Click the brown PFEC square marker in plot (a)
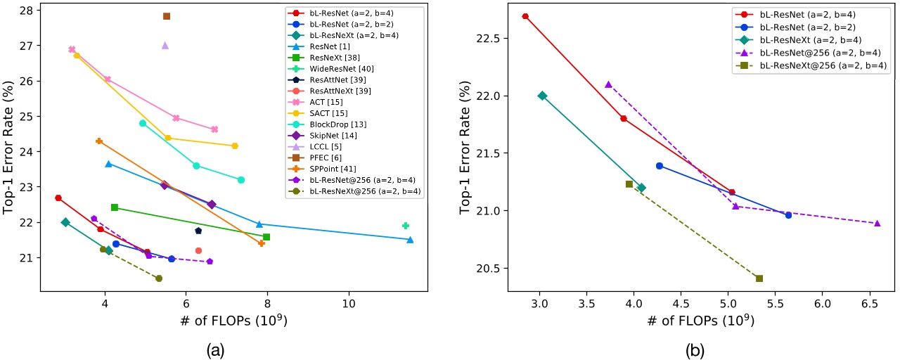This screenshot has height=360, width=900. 167,16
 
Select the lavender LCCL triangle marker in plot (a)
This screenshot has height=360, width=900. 165,45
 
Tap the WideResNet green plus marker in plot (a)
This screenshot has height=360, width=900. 406,226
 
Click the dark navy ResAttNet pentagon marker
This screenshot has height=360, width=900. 198,231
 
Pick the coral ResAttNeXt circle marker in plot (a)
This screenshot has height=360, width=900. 198,250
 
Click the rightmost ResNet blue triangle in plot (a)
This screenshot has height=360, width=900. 410,240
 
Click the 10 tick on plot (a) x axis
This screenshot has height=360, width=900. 348,306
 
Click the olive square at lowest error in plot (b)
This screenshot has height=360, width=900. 759,278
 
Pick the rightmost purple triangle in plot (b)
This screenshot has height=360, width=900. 877,223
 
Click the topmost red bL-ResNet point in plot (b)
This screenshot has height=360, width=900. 525,16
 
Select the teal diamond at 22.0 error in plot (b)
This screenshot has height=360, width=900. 542,96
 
